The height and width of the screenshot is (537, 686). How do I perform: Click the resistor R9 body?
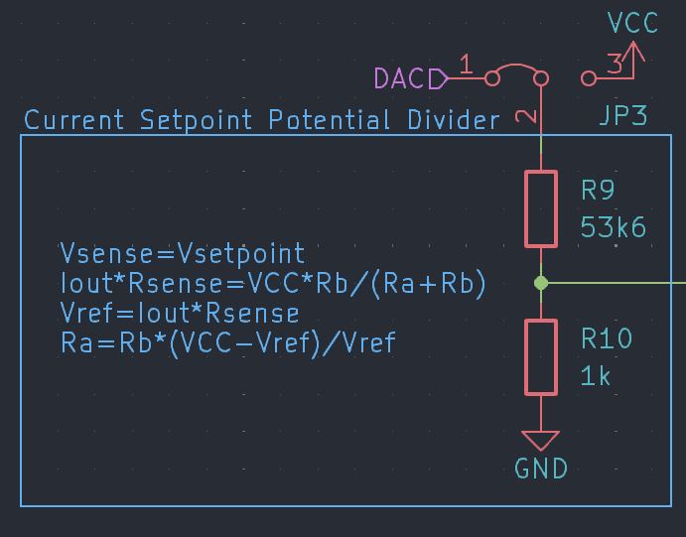(x=541, y=208)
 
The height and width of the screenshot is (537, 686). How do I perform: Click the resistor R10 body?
(x=541, y=357)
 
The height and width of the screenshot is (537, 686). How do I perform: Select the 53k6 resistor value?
(x=613, y=228)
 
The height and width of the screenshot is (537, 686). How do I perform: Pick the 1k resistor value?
(x=596, y=377)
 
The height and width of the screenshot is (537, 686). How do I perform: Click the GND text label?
(x=541, y=469)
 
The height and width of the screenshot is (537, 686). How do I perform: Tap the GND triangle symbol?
(x=541, y=440)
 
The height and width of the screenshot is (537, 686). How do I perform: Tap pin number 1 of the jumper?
(x=466, y=65)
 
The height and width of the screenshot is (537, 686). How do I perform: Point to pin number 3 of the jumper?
(x=615, y=65)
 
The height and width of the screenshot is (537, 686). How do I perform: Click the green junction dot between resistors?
(x=541, y=283)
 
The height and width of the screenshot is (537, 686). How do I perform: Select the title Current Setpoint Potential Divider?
(x=262, y=121)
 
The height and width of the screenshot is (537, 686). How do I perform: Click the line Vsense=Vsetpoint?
(x=183, y=253)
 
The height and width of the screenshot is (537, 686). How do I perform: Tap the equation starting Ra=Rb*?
(x=227, y=343)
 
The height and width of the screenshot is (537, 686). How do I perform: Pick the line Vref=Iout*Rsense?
(x=180, y=314)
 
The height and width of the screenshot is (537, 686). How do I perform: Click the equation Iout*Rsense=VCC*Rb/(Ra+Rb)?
(x=273, y=284)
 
